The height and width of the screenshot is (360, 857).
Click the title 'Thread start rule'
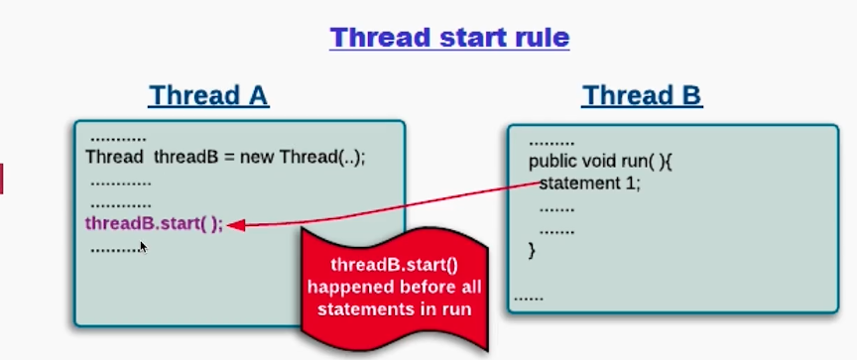click(x=449, y=38)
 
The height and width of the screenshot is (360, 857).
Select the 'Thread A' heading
click(x=208, y=95)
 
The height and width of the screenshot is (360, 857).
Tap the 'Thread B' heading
click(x=642, y=95)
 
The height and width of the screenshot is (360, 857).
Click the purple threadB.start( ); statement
click(x=154, y=224)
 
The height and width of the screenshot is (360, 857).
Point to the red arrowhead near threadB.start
click(x=235, y=224)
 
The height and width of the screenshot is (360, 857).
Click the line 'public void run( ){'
click(x=600, y=163)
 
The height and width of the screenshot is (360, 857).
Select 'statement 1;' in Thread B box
click(x=590, y=183)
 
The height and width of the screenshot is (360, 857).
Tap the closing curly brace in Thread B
click(x=532, y=251)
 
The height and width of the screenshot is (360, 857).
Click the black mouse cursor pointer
click(x=143, y=248)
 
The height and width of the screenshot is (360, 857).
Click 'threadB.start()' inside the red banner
click(x=394, y=265)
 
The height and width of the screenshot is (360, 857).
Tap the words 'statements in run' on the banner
click(x=394, y=309)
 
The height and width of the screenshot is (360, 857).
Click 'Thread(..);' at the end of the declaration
click(x=322, y=158)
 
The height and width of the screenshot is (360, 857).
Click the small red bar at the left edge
click(x=1, y=179)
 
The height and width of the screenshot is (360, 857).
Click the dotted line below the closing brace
click(x=529, y=299)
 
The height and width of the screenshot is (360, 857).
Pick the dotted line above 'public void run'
click(x=551, y=144)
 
